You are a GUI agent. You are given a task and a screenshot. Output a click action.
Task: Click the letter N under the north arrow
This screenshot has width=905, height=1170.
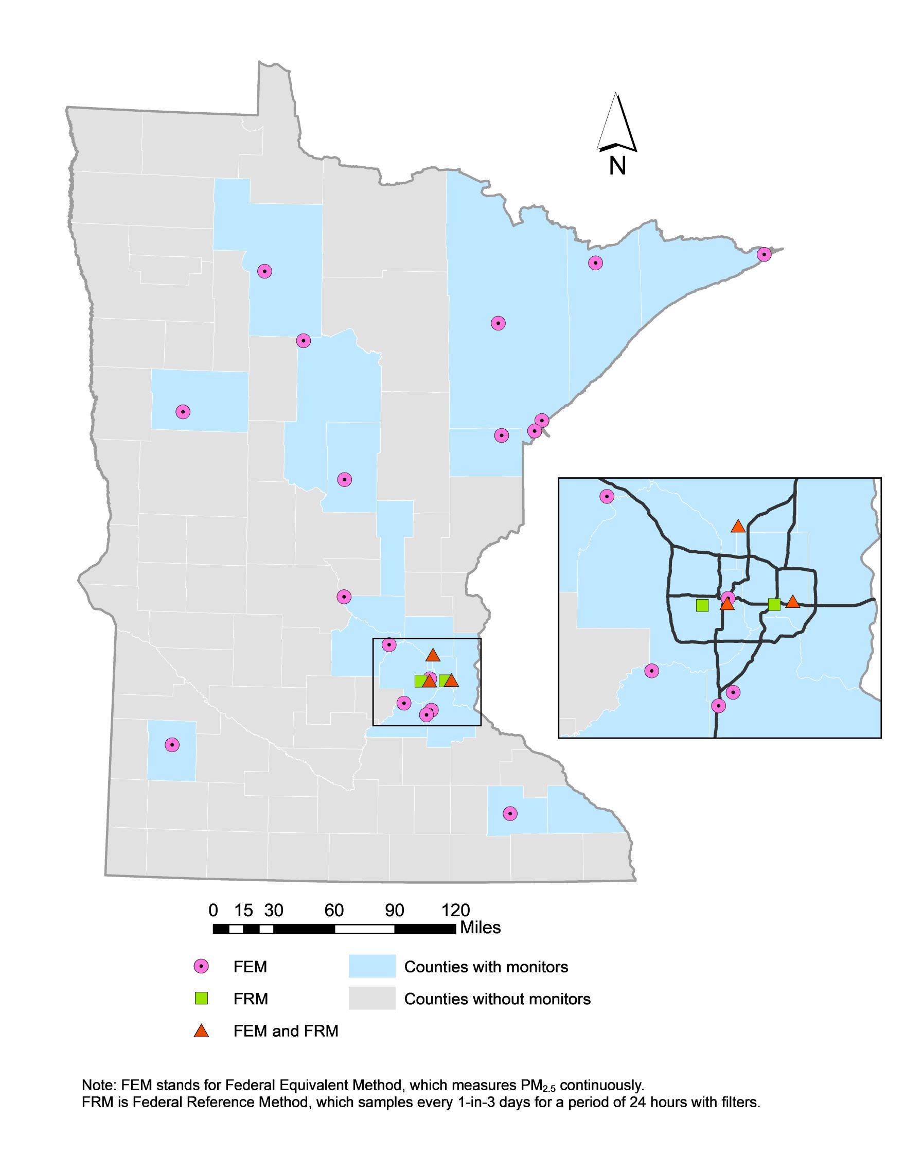tap(617, 166)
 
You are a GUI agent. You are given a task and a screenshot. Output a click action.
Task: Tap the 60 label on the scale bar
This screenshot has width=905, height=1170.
tap(333, 910)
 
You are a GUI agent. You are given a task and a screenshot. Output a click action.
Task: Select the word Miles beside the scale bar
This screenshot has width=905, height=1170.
tap(481, 928)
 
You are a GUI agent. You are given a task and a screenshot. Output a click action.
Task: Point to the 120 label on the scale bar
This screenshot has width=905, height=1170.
tap(455, 910)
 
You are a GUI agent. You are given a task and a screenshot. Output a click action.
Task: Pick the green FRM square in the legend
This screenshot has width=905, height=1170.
tap(201, 998)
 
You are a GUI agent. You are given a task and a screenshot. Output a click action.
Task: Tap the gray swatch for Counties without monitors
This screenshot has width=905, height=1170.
tap(371, 999)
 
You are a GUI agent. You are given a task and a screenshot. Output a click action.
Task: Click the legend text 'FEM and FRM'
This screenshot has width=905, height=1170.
tap(286, 1031)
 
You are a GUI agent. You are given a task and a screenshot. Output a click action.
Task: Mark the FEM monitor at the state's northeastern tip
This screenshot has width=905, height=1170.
tap(764, 254)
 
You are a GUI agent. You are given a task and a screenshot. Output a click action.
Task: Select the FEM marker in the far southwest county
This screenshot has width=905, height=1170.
tap(171, 745)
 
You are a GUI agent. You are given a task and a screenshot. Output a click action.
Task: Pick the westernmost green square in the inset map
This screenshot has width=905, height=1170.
tap(702, 605)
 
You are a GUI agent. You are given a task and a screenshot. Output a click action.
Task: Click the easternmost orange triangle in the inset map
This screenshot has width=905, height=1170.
tap(792, 602)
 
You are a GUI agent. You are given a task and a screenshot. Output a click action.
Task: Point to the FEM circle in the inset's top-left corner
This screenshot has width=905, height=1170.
tap(606, 497)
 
